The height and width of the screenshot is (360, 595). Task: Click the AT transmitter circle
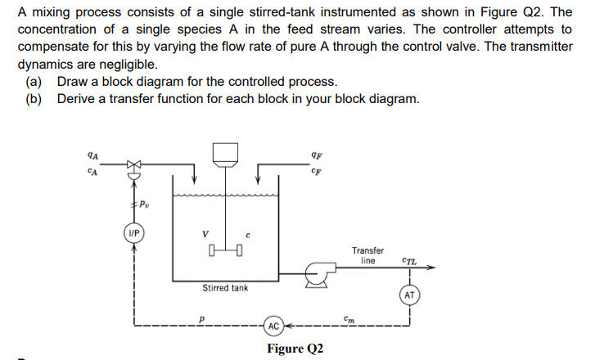click(x=411, y=295)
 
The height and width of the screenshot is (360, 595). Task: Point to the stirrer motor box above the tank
click(x=225, y=153)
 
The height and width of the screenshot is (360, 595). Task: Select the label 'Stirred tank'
click(x=225, y=288)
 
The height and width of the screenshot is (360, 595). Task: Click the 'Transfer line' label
click(x=368, y=255)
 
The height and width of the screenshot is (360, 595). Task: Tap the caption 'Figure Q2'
click(x=295, y=349)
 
